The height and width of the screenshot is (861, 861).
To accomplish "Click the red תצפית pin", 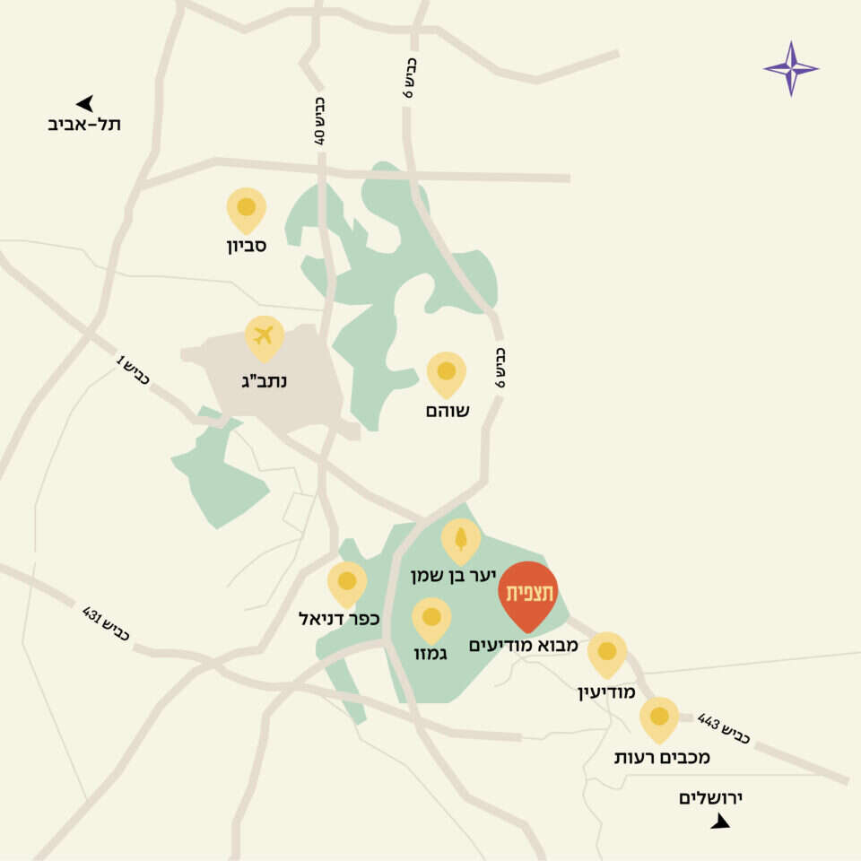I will [x=528, y=594].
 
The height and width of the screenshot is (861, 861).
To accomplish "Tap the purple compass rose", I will [x=790, y=68].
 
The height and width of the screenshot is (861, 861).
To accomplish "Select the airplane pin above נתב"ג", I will [x=264, y=337].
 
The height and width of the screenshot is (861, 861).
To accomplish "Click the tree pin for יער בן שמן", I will [x=460, y=539].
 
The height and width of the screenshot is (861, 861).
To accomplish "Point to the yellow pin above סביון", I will [x=246, y=209].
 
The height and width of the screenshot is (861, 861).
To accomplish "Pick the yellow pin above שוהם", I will [x=446, y=372].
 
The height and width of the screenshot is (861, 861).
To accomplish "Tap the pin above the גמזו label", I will [x=431, y=619].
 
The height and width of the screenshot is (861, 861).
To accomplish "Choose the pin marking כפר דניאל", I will [x=346, y=583].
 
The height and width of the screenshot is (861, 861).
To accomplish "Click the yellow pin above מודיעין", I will [x=606, y=653].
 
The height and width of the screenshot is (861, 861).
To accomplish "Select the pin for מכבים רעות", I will [x=659, y=718].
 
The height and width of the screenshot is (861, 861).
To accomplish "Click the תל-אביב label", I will [x=84, y=125].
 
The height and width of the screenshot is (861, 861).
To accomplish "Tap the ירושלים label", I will [x=713, y=797].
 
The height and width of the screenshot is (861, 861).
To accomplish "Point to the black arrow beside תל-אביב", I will [x=85, y=103].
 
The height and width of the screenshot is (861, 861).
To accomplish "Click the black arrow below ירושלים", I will [x=720, y=821].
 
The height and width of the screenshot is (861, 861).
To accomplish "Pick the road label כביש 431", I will [x=106, y=623].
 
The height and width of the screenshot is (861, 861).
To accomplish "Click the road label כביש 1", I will [x=132, y=371].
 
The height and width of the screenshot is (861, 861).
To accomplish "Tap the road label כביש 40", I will [x=319, y=121].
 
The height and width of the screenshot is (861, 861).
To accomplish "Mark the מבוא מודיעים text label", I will [x=523, y=645].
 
